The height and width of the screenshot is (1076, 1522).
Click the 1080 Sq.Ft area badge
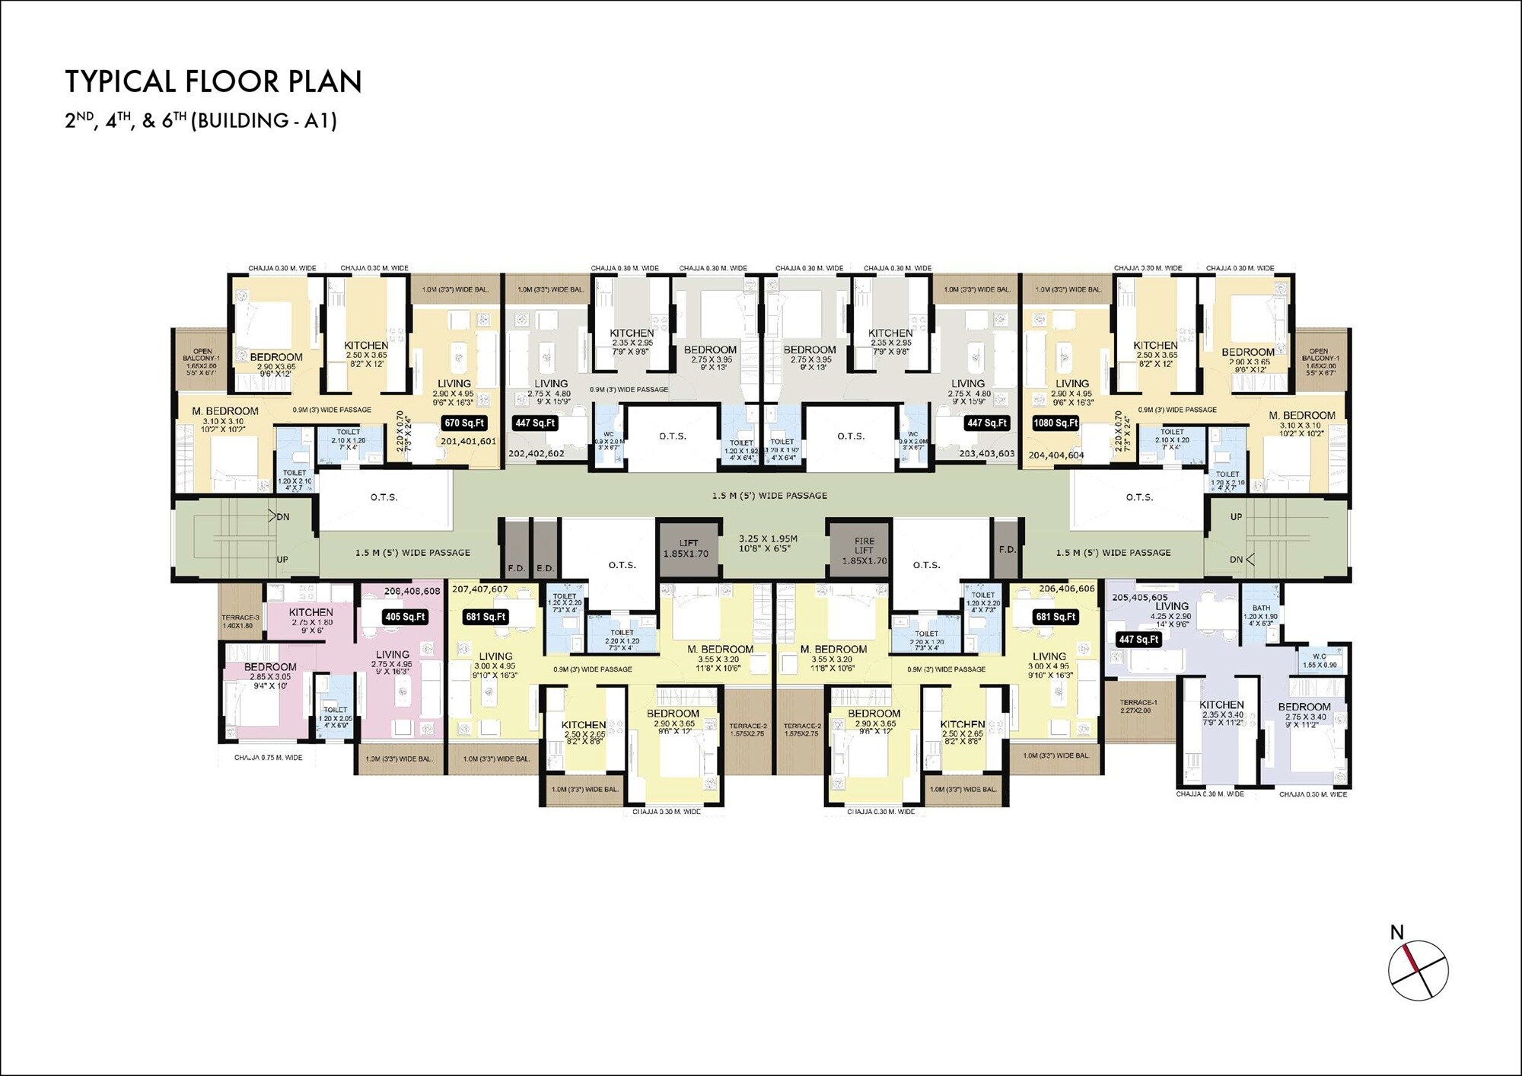click(1056, 423)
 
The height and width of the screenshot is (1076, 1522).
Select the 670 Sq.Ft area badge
click(464, 423)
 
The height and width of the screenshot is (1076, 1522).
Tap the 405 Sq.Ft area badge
click(405, 617)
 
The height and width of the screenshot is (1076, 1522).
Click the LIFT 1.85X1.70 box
click(689, 548)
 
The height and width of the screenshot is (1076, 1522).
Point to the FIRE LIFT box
click(864, 551)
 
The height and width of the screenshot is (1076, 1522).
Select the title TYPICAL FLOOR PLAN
click(214, 81)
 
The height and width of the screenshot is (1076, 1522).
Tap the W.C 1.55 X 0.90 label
click(1320, 660)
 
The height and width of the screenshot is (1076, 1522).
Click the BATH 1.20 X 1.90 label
click(1261, 615)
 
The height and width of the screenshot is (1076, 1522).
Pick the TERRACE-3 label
click(240, 621)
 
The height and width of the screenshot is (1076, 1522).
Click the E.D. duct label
click(545, 568)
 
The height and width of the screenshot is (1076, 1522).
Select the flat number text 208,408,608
click(412, 591)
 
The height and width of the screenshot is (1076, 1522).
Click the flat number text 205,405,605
click(1139, 598)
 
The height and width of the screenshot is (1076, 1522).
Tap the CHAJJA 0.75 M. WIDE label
click(268, 758)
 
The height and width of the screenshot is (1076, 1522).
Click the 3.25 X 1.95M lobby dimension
click(768, 543)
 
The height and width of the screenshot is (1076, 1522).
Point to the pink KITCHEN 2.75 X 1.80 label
click(310, 617)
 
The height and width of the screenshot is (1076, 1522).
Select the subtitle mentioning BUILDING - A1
click(201, 120)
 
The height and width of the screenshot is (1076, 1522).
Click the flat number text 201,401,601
click(468, 441)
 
